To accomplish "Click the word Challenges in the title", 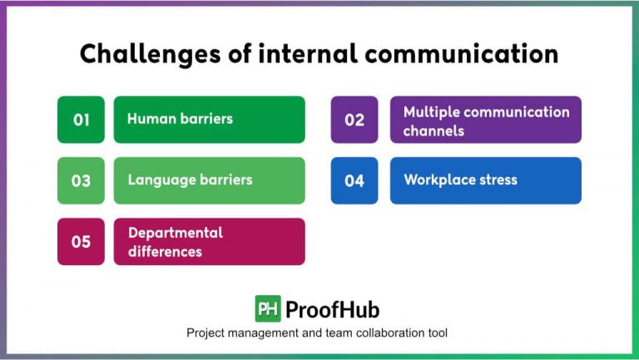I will pyautogui.click(x=141, y=54).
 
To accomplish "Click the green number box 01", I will pyautogui.click(x=81, y=120).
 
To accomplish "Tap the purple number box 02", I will pyautogui.click(x=354, y=120).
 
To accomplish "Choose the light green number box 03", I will pyautogui.click(x=81, y=180).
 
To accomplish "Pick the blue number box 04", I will pyautogui.click(x=354, y=180).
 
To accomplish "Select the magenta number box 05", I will pyautogui.click(x=81, y=242).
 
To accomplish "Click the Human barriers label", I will pyautogui.click(x=180, y=119).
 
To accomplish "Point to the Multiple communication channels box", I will pyautogui.click(x=486, y=120).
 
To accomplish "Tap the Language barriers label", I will pyautogui.click(x=190, y=180).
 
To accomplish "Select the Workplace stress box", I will pyautogui.click(x=486, y=180).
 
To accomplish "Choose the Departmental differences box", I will pyautogui.click(x=209, y=242).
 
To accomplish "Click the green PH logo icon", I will pyautogui.click(x=268, y=309).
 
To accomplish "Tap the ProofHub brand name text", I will pyautogui.click(x=332, y=310).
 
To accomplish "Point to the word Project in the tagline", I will pyautogui.click(x=206, y=333).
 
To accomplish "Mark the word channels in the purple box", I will pyautogui.click(x=433, y=131).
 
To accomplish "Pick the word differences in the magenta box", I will pyautogui.click(x=165, y=251).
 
